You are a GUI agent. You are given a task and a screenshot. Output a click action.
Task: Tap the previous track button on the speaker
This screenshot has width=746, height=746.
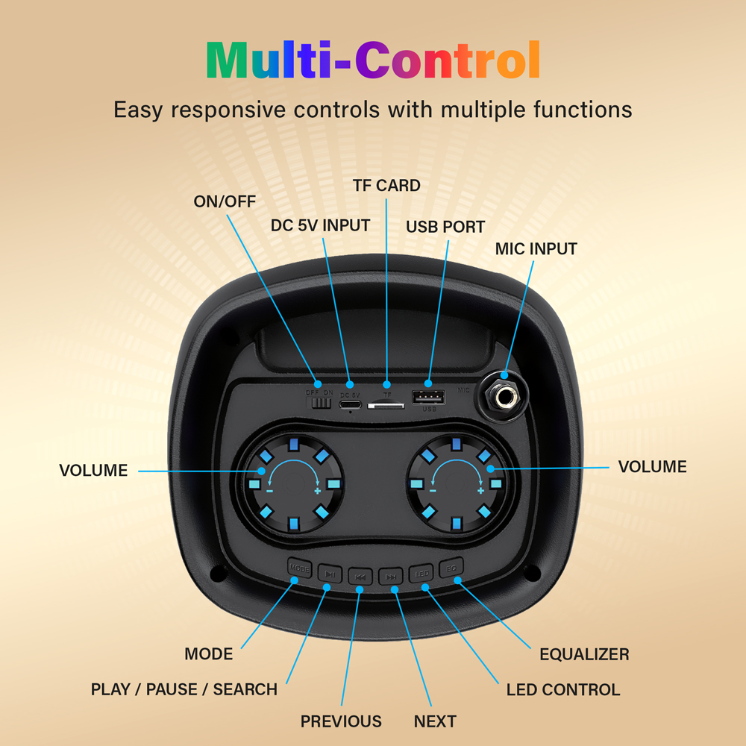point(360,576)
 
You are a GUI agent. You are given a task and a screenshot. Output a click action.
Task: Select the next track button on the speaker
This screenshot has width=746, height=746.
point(390,576)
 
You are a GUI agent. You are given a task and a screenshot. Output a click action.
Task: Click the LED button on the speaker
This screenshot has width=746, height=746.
point(421,573)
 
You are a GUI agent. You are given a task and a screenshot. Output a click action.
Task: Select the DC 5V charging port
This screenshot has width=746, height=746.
point(350,405)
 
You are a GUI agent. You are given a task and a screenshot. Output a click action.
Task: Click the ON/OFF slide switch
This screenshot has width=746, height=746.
point(321,403)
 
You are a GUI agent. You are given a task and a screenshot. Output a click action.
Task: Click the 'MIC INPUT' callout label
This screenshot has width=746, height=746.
point(536,248)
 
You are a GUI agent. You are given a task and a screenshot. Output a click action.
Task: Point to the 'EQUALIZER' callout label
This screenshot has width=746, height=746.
point(584,654)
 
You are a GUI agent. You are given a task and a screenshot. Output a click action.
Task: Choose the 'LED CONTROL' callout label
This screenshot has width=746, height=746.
point(562,689)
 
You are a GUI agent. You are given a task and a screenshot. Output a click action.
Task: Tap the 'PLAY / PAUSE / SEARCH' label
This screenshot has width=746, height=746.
point(184,689)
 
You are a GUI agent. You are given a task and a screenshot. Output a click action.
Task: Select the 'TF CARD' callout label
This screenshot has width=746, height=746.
point(386,185)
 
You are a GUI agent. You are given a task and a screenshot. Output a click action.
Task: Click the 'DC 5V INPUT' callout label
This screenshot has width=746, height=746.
point(320,225)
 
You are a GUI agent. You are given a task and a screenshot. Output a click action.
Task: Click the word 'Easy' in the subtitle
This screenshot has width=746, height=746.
point(137,110)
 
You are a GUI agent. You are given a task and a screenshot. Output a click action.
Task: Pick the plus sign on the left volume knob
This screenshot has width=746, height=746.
point(317,490)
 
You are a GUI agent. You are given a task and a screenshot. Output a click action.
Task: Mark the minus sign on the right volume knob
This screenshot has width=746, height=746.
point(433,490)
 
